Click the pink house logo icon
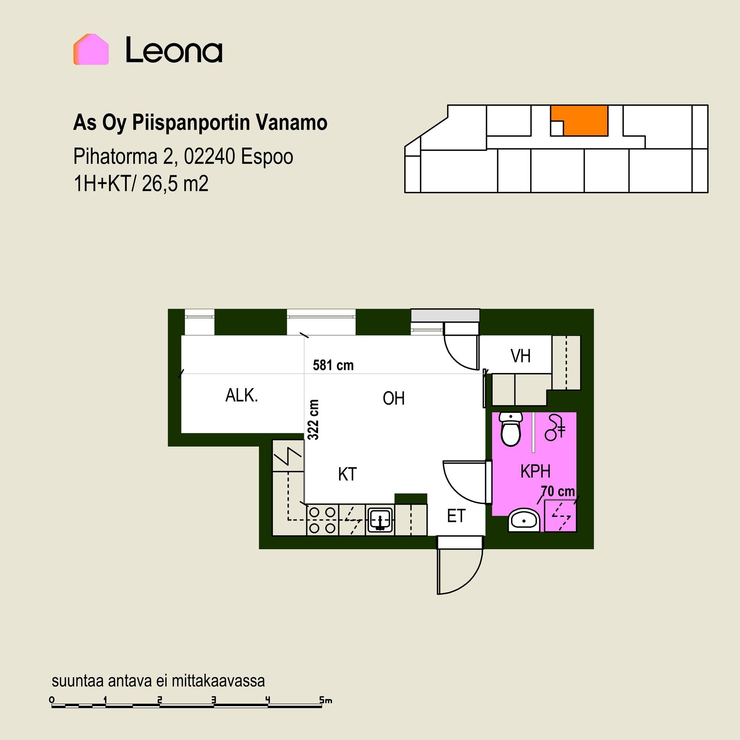pos(91,49)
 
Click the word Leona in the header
pos(174,49)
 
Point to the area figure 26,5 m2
pos(175,184)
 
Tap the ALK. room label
pos(242,396)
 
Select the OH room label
pos(394,398)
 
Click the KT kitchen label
pos(347,474)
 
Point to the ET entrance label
pos(456,516)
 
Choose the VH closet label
pos(521,356)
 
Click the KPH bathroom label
pos(535,471)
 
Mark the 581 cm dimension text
pos(333,365)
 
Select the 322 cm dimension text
pos(314,419)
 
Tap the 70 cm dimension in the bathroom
pos(558,491)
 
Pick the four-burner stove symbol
pos(323,520)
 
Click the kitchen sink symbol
pos(380,520)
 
